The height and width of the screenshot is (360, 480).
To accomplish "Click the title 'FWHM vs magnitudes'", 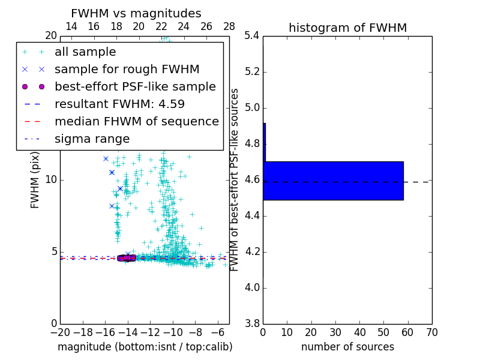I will click(x=136, y=13).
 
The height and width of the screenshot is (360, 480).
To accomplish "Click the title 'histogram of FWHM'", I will click(x=347, y=28).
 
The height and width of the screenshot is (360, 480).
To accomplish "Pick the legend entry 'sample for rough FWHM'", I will click(x=127, y=69).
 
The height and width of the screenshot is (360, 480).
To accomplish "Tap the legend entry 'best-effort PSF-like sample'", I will click(x=135, y=86).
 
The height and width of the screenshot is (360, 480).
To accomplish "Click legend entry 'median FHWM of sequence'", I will click(x=136, y=121).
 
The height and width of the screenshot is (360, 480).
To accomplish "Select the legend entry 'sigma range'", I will click(x=92, y=139).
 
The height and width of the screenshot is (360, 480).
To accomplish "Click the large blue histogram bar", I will click(x=333, y=181).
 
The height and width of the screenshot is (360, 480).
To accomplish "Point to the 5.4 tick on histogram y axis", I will click(x=252, y=35).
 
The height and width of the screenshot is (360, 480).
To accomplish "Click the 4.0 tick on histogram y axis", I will click(x=252, y=287).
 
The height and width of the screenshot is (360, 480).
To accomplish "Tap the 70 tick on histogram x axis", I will click(x=431, y=332).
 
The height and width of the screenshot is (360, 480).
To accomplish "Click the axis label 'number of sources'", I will click(x=347, y=347).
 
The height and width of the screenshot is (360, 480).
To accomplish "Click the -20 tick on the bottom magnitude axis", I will click(x=60, y=332).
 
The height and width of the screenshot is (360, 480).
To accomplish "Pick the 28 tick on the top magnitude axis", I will click(x=229, y=26).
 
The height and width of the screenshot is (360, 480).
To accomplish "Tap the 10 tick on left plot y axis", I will click(x=51, y=179).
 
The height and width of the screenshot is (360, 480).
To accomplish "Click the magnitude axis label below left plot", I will click(x=145, y=347).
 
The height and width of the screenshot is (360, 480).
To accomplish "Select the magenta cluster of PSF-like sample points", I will click(x=127, y=258).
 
